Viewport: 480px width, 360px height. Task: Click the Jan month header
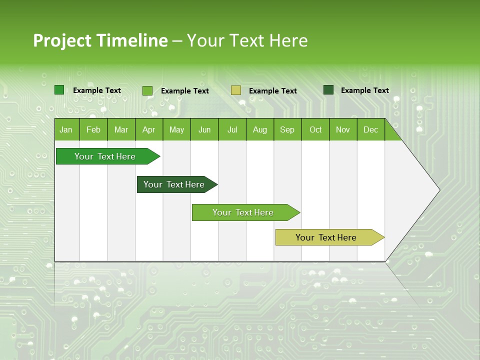coord(66,130)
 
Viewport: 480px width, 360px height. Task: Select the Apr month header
coord(148,130)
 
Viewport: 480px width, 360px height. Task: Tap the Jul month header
coord(232,130)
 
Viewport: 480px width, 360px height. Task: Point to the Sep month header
coord(287,130)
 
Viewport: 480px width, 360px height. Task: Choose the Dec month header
coord(370,130)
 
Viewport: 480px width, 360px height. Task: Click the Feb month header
coord(93,130)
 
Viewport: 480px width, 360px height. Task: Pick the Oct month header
coord(315,130)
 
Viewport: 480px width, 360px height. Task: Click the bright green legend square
coord(59,90)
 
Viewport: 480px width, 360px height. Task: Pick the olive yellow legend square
coord(236,90)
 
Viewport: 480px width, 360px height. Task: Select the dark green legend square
coord(328,90)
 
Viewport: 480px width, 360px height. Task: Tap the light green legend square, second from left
coord(147,90)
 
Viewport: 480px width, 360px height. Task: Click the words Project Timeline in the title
coord(100,40)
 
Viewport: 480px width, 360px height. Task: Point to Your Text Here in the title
coord(247,40)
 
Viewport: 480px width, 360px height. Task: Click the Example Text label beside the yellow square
coord(273,91)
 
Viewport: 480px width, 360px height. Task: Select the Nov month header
coord(343,130)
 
